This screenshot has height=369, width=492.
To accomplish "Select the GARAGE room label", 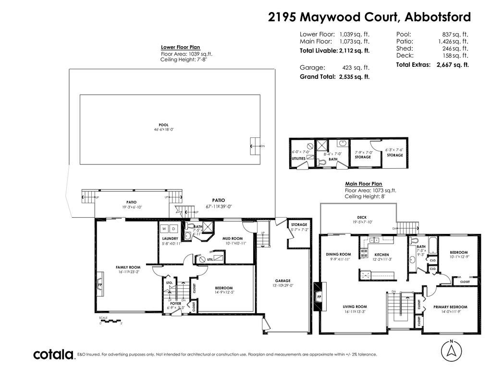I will pyautogui.click(x=283, y=281).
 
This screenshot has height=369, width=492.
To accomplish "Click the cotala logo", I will pyautogui.click(x=53, y=355).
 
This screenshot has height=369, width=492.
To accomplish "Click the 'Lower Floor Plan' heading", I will pyautogui.click(x=180, y=48).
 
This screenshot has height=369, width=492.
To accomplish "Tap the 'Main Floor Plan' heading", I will pyautogui.click(x=364, y=184).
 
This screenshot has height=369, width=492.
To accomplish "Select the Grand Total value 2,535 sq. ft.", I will pyautogui.click(x=354, y=77).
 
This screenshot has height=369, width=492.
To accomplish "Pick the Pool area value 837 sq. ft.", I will pyautogui.click(x=455, y=34).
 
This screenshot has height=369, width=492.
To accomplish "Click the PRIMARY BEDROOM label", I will pyautogui.click(x=450, y=307).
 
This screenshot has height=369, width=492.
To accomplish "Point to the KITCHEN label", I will pyautogui.click(x=381, y=255).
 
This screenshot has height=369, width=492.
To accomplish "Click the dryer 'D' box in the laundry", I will pyautogui.click(x=174, y=228).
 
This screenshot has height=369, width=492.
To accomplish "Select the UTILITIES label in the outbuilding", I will pyautogui.click(x=298, y=159).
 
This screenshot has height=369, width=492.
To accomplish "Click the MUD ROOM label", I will pyautogui.click(x=232, y=238).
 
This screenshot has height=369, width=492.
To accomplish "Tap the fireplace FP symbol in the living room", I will pyautogui.click(x=319, y=297).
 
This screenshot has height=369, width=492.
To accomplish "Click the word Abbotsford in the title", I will pyautogui.click(x=438, y=17).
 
